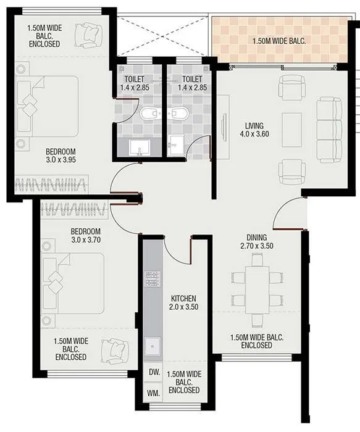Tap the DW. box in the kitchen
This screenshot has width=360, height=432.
[154, 372]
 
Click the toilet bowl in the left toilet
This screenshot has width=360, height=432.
[149, 114]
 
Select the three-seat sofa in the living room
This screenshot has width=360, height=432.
[329, 129]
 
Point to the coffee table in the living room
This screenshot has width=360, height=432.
[291, 130]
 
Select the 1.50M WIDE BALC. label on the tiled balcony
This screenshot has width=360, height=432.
[279, 42]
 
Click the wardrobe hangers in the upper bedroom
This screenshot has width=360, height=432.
[49, 182]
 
